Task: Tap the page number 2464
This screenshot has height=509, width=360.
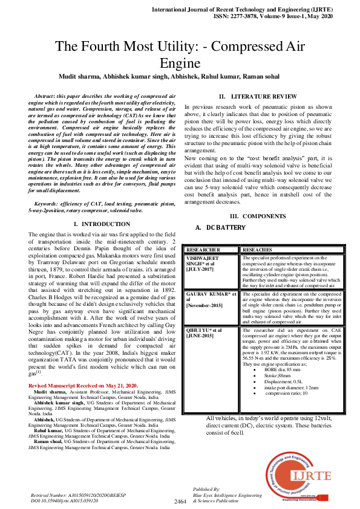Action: [180, 502]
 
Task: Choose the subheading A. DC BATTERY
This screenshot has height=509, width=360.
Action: [220, 228]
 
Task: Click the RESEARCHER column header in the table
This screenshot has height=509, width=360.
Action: [203, 250]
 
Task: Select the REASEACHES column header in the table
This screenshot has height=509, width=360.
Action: [257, 250]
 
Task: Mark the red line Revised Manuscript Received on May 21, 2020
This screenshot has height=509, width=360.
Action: [83, 386]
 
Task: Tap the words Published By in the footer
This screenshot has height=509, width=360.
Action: [207, 488]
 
